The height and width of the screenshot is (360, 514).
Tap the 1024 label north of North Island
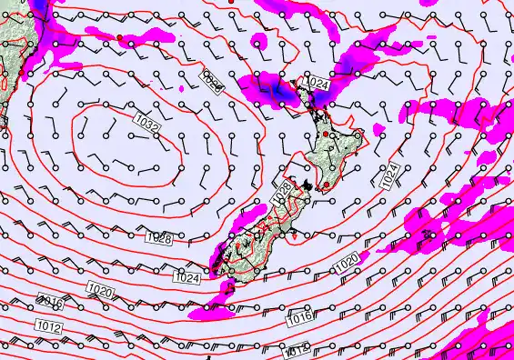point(317,83)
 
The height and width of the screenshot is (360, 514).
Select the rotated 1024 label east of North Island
point(389,176)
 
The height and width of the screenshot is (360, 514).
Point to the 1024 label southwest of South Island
point(186,276)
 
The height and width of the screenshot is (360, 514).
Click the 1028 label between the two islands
point(284,192)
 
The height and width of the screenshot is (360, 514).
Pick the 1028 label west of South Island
point(158,238)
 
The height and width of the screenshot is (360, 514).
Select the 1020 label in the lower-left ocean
point(100,290)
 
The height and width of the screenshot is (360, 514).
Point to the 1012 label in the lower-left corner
point(50,325)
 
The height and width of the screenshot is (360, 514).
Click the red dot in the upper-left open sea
point(119,37)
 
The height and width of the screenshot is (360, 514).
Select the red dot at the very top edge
point(234,3)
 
